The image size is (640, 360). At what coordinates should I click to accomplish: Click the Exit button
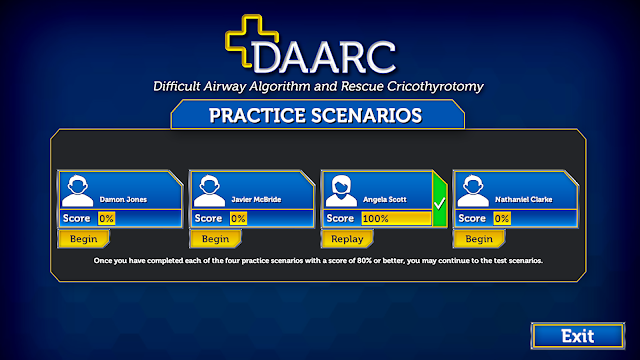click(578, 336)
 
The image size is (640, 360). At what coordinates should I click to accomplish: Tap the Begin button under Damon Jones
click(84, 239)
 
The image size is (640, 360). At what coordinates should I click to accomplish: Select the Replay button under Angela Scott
click(347, 239)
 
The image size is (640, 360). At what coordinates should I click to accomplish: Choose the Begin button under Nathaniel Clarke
click(479, 239)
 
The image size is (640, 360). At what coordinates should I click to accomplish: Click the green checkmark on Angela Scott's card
click(439, 203)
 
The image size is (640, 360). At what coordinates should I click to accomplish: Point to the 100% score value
click(376, 219)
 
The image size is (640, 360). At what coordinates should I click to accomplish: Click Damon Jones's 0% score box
click(106, 218)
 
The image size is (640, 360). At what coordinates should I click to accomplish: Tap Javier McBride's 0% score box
click(238, 218)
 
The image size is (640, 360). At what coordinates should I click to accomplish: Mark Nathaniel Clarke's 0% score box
click(502, 218)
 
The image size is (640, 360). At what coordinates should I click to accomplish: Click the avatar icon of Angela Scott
click(341, 191)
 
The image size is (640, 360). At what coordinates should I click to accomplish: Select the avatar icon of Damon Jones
click(78, 191)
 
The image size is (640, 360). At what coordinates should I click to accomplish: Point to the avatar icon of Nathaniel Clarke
click(473, 191)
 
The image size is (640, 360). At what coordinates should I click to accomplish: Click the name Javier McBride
click(256, 200)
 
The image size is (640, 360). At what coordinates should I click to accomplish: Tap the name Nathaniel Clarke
click(524, 200)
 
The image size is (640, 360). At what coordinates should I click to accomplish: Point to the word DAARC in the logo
click(324, 57)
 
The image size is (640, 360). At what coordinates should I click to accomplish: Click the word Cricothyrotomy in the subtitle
click(435, 87)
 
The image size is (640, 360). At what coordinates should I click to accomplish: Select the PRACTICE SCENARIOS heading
click(316, 116)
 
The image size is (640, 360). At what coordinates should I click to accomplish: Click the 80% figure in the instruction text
click(364, 260)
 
